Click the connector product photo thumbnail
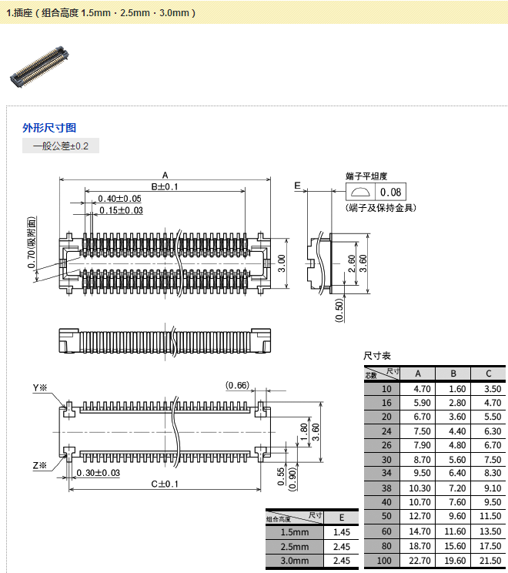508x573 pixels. point(38,66)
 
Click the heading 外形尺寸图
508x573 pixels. point(49,128)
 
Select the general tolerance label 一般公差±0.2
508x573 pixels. point(61,146)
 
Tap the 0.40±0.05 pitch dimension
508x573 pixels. point(119,199)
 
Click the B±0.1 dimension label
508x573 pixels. point(164,186)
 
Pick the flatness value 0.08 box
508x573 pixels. point(390,193)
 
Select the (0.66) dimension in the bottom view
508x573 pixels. point(237,385)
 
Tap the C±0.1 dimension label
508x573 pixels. point(164,484)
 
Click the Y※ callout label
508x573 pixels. point(39,387)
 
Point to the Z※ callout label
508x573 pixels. point(39,465)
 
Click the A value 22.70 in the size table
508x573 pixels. point(419,560)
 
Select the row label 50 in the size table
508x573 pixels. point(386,515)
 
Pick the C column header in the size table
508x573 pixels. point(488,374)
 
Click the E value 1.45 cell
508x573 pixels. point(342,532)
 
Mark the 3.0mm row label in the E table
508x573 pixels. point(295,561)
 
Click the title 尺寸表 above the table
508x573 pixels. point(377,356)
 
